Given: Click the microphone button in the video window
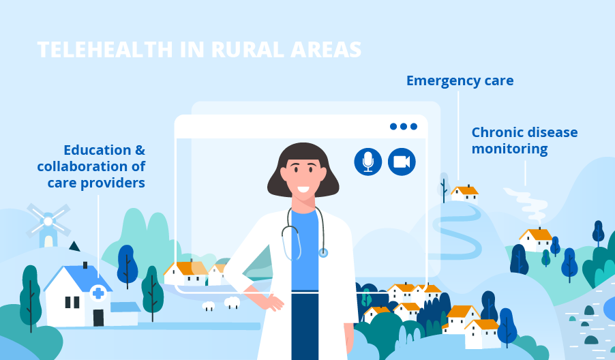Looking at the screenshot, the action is pyautogui.click(x=368, y=162).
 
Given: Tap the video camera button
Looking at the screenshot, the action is pyautogui.click(x=402, y=162).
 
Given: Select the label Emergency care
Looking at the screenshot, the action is pyautogui.click(x=460, y=80).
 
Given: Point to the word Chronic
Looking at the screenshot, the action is pyautogui.click(x=497, y=132).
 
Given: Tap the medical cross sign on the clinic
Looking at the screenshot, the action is pyautogui.click(x=98, y=293).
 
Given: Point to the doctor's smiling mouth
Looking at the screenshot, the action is pyautogui.click(x=303, y=190).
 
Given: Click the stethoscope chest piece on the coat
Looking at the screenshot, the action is pyautogui.click(x=322, y=252).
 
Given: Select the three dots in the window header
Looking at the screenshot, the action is pyautogui.click(x=403, y=126).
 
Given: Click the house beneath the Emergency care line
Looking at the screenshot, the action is pyautogui.click(x=464, y=194).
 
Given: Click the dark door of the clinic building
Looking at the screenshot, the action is pyautogui.click(x=98, y=318).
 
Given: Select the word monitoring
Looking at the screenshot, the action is pyautogui.click(x=509, y=149).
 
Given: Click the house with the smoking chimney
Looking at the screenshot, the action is pyautogui.click(x=536, y=240).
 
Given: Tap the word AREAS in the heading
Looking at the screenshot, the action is pyautogui.click(x=325, y=50).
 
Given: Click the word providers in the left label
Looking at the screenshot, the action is pyautogui.click(x=113, y=183).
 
